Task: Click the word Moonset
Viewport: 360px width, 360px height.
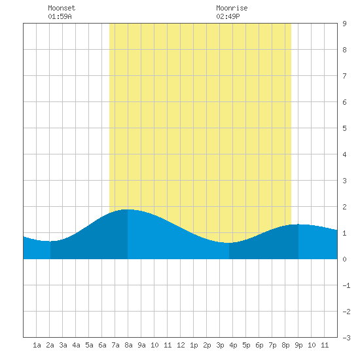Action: pyautogui.click(x=62, y=8)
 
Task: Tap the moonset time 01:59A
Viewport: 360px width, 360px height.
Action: pyautogui.click(x=60, y=16)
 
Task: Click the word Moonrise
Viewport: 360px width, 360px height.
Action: pyautogui.click(x=232, y=8)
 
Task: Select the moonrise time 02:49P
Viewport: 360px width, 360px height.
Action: pyautogui.click(x=228, y=16)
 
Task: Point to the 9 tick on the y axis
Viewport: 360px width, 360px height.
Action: pyautogui.click(x=344, y=24)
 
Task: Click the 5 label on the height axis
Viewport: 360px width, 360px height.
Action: pyautogui.click(x=344, y=128)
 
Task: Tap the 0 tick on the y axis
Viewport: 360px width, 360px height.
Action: pyautogui.click(x=344, y=259)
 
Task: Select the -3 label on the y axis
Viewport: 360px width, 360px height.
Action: pyautogui.click(x=346, y=338)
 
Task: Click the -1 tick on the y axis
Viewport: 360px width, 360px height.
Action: pyautogui.click(x=346, y=285)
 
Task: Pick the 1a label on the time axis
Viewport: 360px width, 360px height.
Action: pyautogui.click(x=37, y=345)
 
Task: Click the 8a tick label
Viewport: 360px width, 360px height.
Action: pyautogui.click(x=128, y=345)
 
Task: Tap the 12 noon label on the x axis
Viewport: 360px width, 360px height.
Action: pyautogui.click(x=181, y=345)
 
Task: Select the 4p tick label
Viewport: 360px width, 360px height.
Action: pyautogui.click(x=233, y=345)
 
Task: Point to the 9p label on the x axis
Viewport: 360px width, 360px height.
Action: pyautogui.click(x=298, y=345)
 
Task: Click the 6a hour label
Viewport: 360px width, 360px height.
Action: pyautogui.click(x=102, y=345)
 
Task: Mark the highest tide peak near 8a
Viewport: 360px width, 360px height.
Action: pyautogui.click(x=128, y=209)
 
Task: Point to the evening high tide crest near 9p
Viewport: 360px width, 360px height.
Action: pyautogui.click(x=298, y=225)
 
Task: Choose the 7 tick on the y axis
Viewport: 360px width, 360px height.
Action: pyautogui.click(x=344, y=76)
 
